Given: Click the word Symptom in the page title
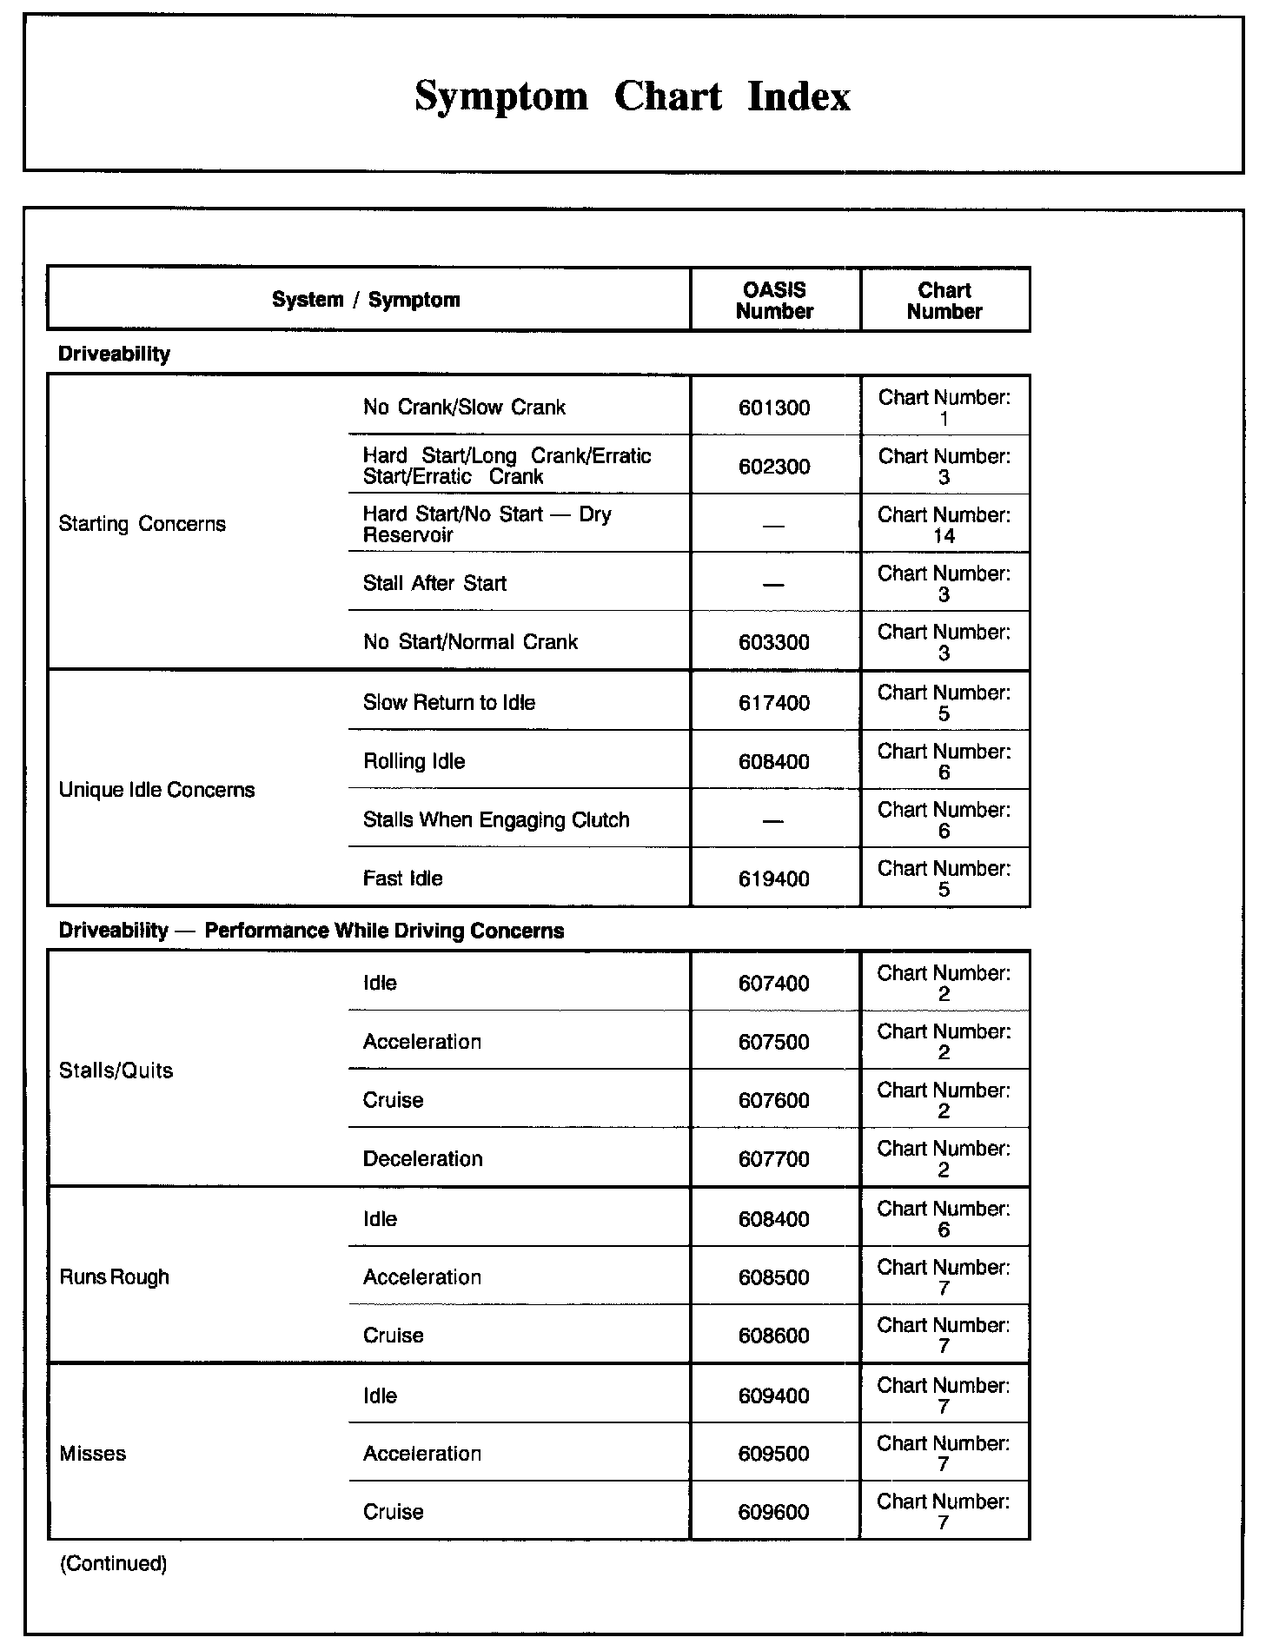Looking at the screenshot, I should coord(501,96).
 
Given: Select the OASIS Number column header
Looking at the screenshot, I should coord(774,301).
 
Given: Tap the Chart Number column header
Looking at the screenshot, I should coord(944,301).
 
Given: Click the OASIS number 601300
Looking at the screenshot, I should coord(774,408).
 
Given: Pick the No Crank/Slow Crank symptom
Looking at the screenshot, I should coord(464,408).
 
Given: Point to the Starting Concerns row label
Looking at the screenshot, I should coord(142,524).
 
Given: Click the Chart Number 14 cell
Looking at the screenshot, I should coord(944,525).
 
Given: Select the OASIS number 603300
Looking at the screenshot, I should coord(774,643).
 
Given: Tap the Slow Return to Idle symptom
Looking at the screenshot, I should coord(448,702).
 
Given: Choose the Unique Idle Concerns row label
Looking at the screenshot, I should coord(156,790).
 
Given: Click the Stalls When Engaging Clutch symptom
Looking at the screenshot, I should coord(496,820).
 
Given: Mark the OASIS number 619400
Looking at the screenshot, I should coord(774,879).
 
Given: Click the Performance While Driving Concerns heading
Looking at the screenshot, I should coord(384,931).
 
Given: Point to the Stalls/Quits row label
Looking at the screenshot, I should coord(116,1071).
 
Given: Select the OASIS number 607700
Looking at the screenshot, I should coord(774,1159).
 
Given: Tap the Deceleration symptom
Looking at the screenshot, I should coord(422,1159).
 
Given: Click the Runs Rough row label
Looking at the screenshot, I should coord(114,1277).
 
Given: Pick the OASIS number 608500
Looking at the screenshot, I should coord(774,1278).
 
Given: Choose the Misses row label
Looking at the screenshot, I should coord(92,1454).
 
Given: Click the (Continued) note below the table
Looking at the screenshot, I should coord(113,1564).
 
